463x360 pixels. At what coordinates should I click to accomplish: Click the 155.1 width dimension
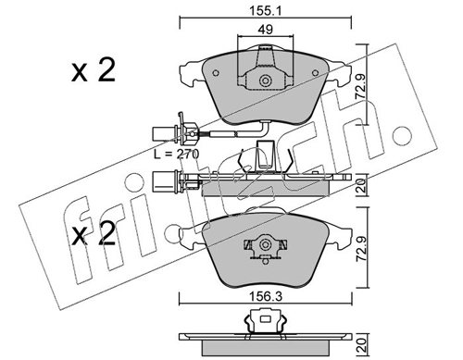tap(266, 11)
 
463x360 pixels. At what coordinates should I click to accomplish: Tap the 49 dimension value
tap(266, 30)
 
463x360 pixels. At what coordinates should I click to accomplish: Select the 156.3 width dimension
tap(266, 297)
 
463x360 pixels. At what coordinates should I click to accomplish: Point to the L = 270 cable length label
tap(177, 154)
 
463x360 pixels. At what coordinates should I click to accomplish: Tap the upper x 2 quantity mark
tap(94, 70)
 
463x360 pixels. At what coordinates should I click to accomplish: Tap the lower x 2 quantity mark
tap(94, 234)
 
